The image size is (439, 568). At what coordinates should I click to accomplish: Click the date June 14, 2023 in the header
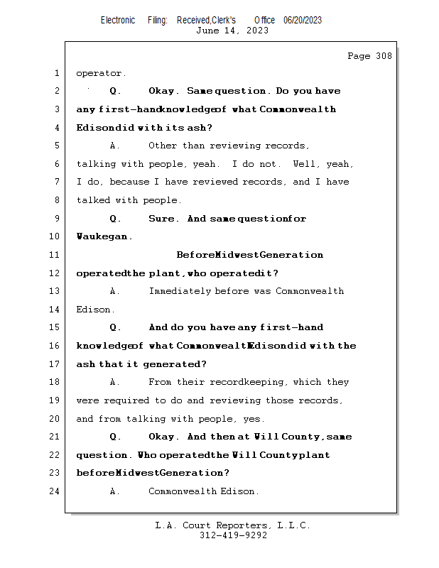pos(232,31)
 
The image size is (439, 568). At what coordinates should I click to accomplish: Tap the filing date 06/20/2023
pos(303,20)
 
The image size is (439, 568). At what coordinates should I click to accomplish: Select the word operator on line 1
pos(100,73)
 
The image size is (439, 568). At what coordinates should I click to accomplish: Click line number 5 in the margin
pos(57,146)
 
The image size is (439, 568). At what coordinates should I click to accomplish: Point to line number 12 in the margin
pos(55,273)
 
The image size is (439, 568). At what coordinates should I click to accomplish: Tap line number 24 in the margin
pos(55,491)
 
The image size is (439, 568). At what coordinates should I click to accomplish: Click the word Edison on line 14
pos(94,310)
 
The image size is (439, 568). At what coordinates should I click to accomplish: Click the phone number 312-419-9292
pos(232,535)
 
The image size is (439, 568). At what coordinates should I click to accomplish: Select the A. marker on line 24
pos(116,491)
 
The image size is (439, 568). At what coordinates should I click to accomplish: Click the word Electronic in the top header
pos(118,20)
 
